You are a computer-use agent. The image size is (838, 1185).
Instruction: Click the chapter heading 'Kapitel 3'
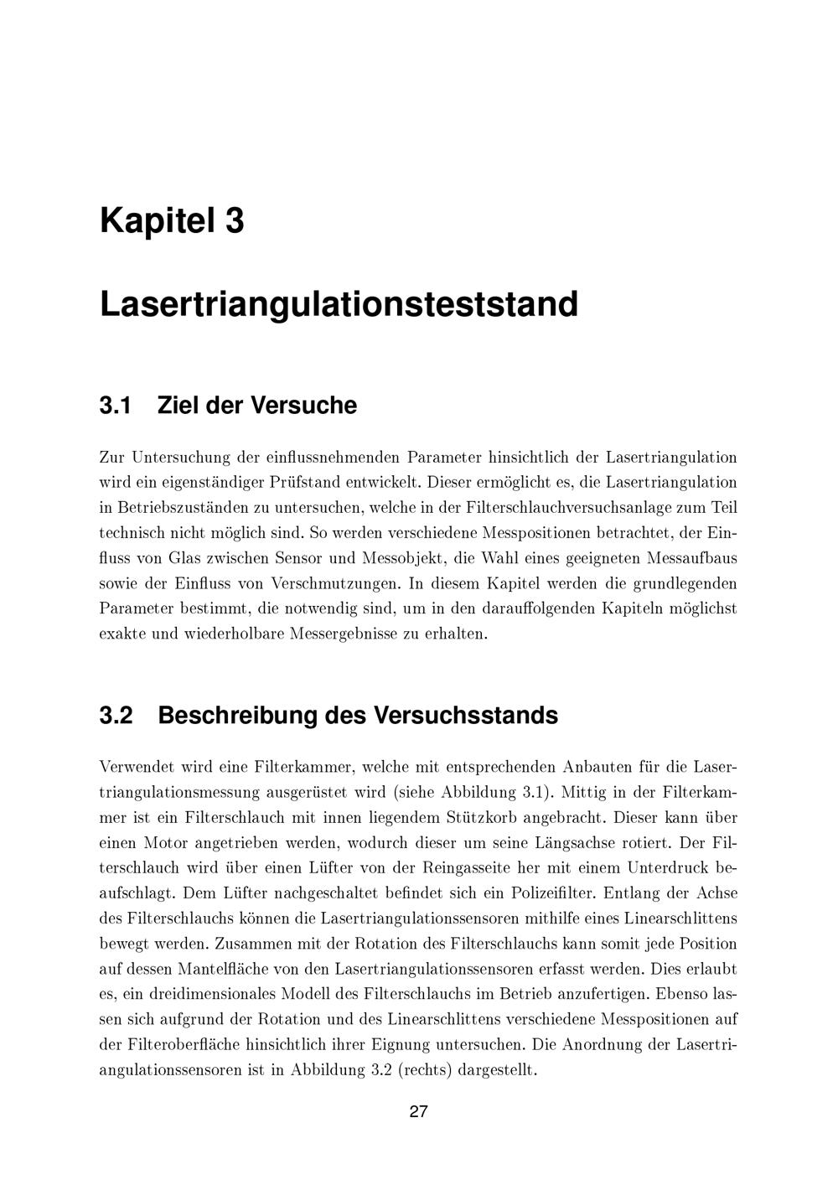[x=172, y=221]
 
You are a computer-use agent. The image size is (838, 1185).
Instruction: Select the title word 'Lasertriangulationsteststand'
[x=339, y=304]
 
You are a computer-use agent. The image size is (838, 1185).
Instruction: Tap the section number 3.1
[x=116, y=406]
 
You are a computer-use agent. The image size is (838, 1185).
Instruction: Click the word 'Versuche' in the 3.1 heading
[x=304, y=406]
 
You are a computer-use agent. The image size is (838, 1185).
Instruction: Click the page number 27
[x=419, y=1112]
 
